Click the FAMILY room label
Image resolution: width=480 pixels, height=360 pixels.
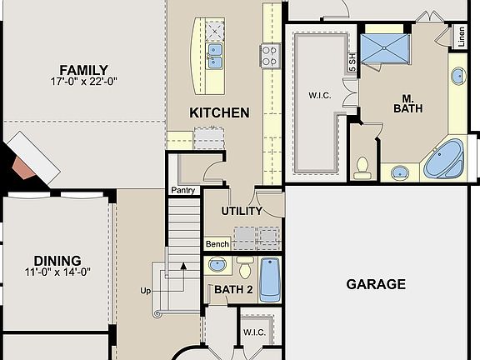pyautogui.click(x=82, y=70)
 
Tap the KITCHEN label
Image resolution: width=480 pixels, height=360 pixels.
pyautogui.click(x=219, y=112)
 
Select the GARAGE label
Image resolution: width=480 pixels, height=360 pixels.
pyautogui.click(x=375, y=284)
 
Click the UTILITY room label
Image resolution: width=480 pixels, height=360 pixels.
pyautogui.click(x=242, y=211)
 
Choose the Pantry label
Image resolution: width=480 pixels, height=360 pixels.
pyautogui.click(x=182, y=191)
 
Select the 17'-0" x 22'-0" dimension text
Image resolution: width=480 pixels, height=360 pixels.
pyautogui.click(x=82, y=82)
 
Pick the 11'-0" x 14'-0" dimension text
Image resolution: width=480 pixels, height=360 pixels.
pyautogui.click(x=57, y=271)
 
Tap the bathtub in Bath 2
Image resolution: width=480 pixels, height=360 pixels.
pyautogui.click(x=270, y=279)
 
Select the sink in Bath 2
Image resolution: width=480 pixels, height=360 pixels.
pyautogui.click(x=217, y=266)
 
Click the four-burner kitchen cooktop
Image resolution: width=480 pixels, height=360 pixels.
pyautogui.click(x=271, y=55)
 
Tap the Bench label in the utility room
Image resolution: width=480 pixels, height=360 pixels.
pyautogui.click(x=217, y=244)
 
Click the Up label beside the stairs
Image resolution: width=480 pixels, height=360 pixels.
pyautogui.click(x=147, y=291)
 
